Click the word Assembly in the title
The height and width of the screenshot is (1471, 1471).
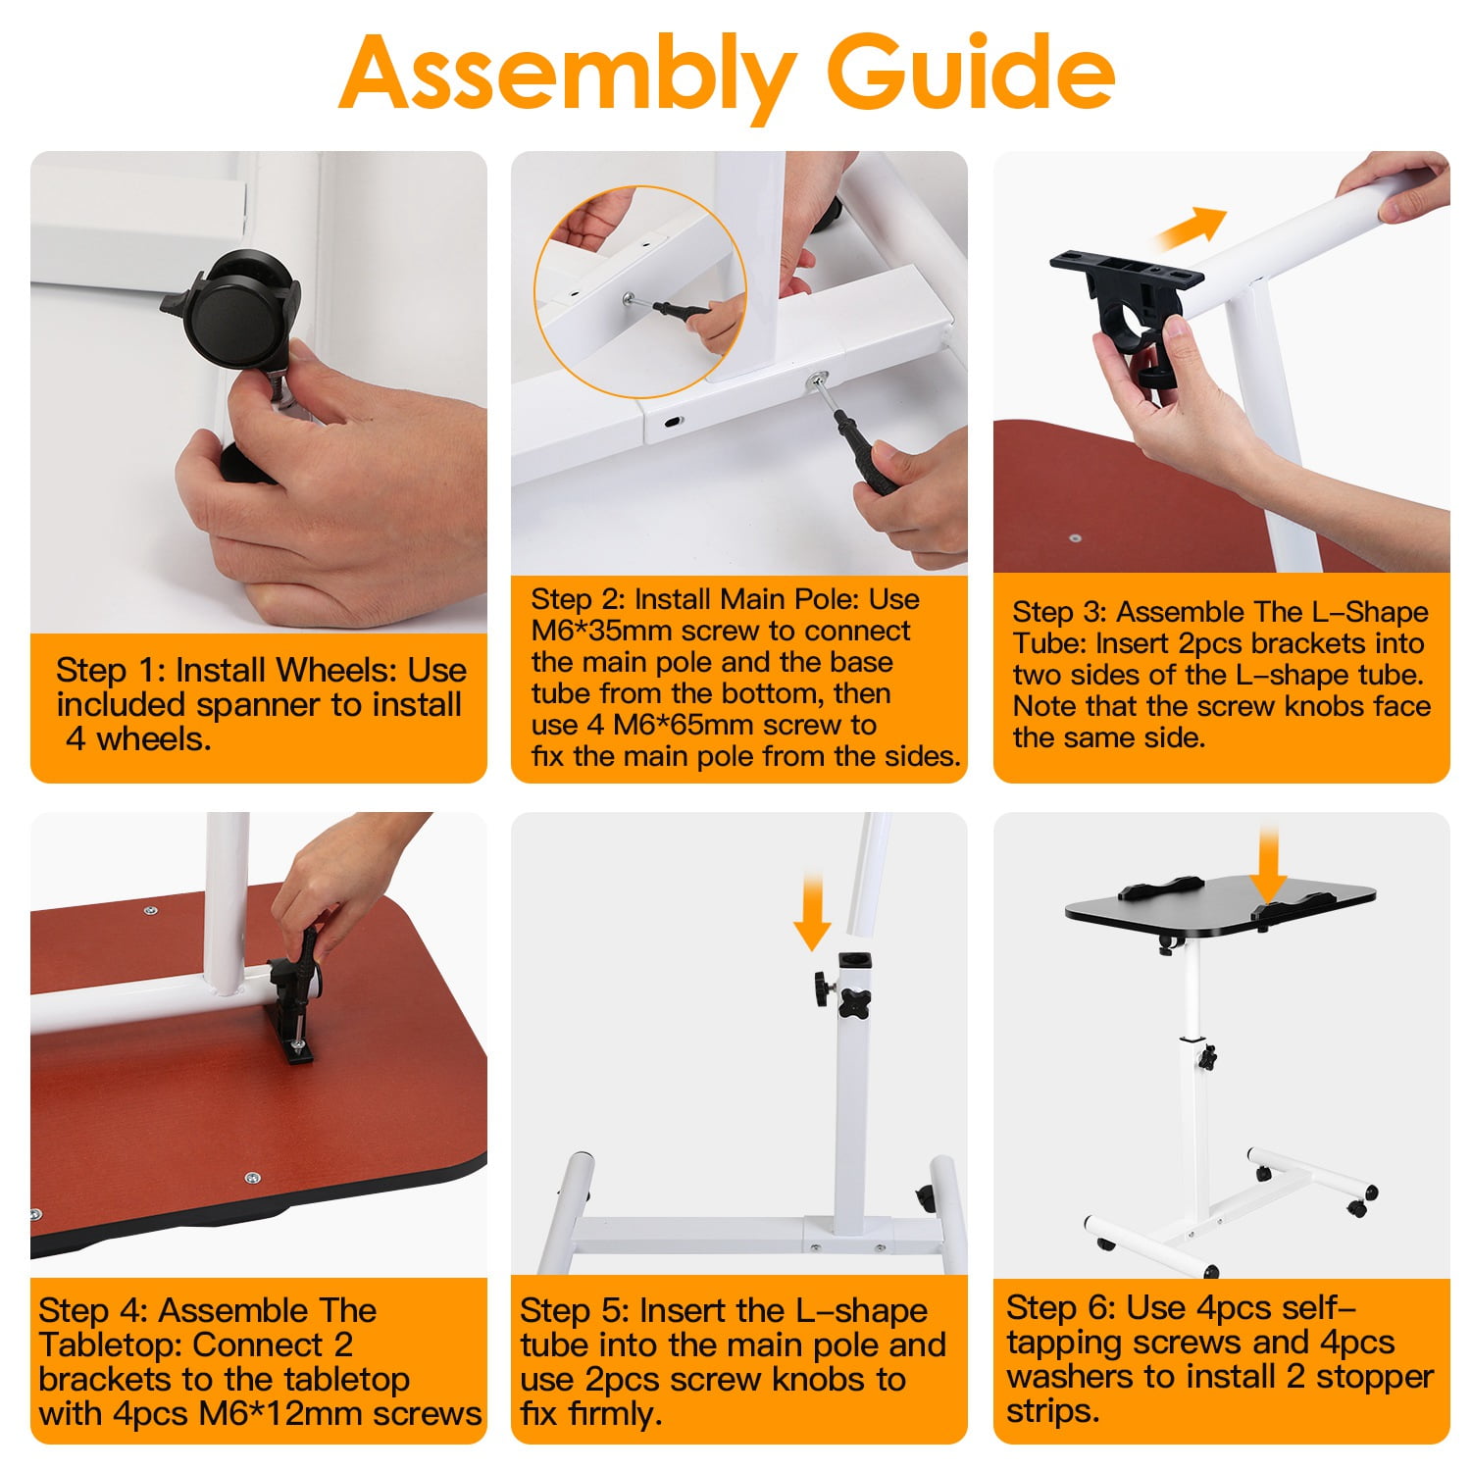coord(568,75)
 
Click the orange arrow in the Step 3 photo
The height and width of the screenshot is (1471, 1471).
coord(1191,229)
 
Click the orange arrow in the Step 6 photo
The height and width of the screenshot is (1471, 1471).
coord(1270,863)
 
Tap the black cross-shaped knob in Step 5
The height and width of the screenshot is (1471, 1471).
coord(855,1004)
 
